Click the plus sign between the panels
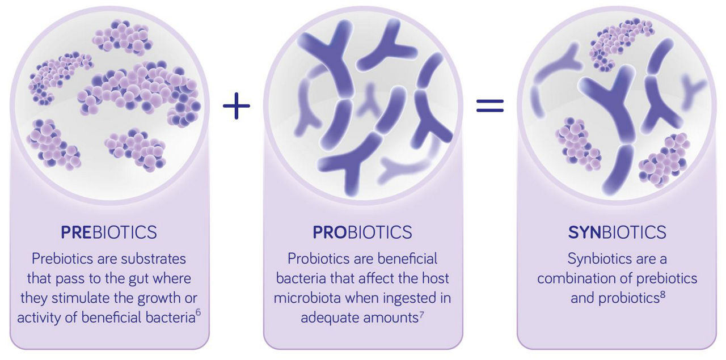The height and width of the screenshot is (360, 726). click(x=237, y=105)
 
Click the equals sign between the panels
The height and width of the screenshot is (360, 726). click(x=489, y=105)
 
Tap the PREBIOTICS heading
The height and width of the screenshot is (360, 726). click(x=109, y=232)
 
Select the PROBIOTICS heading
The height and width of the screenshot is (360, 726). click(x=362, y=232)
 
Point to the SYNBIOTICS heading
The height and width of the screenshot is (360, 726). click(x=617, y=232)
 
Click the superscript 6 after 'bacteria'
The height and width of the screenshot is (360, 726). click(x=198, y=312)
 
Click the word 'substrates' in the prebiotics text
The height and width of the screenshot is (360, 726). click(x=153, y=259)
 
